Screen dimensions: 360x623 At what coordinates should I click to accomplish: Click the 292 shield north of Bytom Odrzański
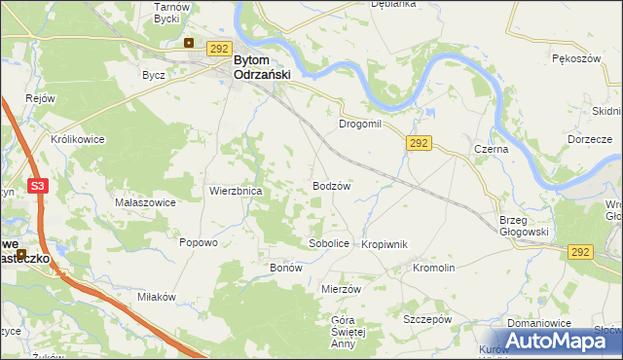click(x=219, y=49)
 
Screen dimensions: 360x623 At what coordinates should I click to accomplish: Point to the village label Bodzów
click(x=331, y=185)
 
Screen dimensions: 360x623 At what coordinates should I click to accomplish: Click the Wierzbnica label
click(x=236, y=192)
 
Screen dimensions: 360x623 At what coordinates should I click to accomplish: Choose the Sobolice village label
click(x=328, y=243)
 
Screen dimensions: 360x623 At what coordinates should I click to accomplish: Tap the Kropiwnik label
click(x=384, y=244)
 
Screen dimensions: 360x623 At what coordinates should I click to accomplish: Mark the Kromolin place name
click(x=434, y=268)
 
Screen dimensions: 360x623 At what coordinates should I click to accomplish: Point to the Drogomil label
click(x=362, y=126)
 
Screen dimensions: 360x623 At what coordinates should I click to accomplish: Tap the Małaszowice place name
click(x=145, y=202)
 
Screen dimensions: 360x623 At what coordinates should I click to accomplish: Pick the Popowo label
click(x=198, y=243)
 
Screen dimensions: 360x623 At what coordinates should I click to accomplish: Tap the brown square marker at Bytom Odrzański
click(x=190, y=43)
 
